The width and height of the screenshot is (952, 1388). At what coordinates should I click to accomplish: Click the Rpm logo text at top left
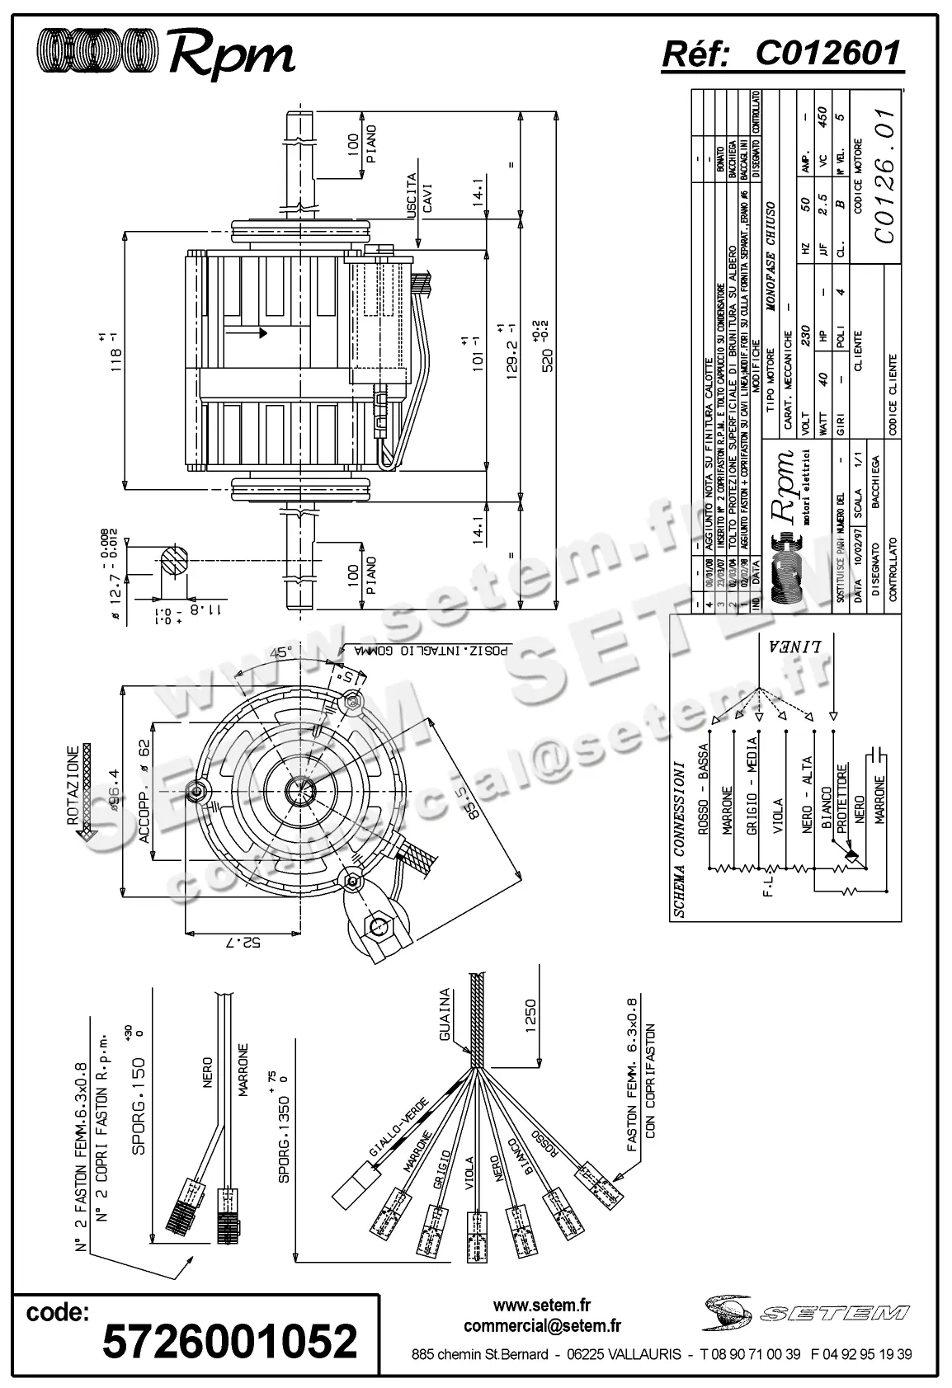tap(230, 56)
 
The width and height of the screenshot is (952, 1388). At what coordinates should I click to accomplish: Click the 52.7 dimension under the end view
tap(240, 940)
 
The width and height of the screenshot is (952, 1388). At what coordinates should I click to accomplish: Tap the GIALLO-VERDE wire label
tap(398, 1128)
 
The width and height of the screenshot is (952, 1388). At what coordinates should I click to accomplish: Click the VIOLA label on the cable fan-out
tap(469, 1174)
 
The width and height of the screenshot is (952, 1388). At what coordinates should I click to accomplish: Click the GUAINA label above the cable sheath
tap(445, 1014)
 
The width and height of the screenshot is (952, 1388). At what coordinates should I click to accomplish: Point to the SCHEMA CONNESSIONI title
tap(679, 839)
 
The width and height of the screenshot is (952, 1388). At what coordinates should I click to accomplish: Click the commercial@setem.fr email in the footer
tap(542, 1325)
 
